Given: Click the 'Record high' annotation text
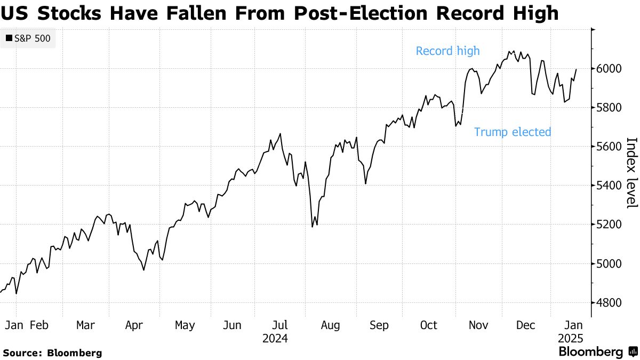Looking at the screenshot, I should [447, 51].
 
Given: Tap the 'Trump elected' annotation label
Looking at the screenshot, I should [512, 132].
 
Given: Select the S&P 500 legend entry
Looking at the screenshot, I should [28, 38].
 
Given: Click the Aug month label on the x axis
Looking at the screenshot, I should [330, 325].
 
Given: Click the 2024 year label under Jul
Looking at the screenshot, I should [275, 338].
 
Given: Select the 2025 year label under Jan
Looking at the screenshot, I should [570, 338].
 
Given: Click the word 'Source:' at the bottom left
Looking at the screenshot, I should [22, 353].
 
